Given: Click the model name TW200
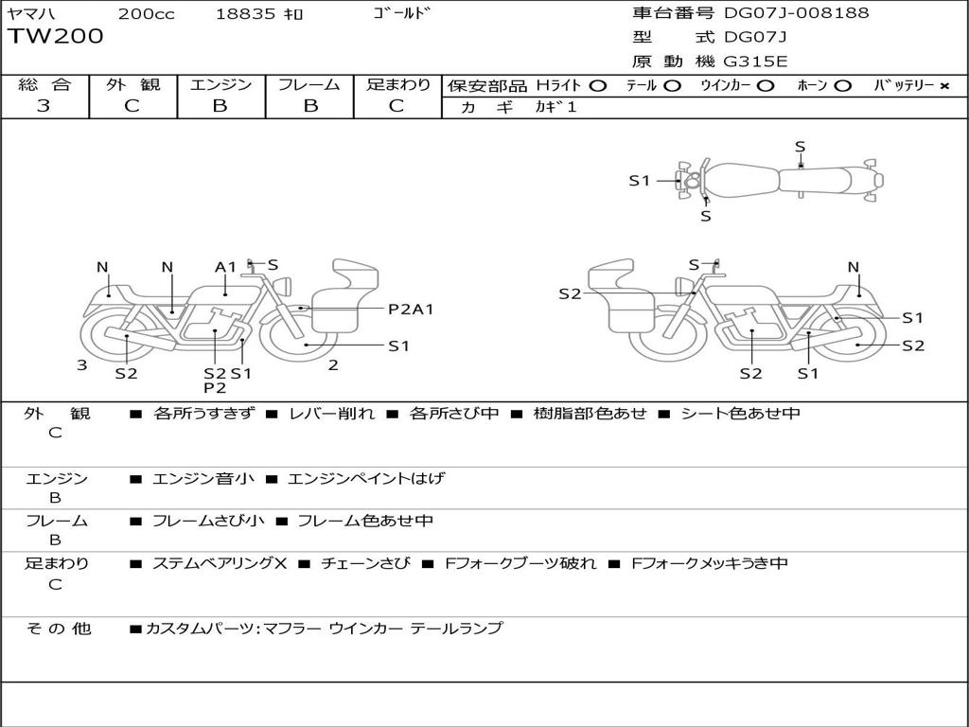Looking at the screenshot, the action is (56, 37).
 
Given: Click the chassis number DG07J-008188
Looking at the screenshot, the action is (796, 13).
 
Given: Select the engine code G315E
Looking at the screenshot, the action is (755, 62).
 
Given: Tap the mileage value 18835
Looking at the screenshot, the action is (245, 14).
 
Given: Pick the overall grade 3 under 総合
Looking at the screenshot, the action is (44, 105).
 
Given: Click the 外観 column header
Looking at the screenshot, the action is (132, 84).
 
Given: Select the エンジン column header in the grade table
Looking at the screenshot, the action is (220, 84).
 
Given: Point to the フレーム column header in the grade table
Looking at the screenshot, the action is (308, 84).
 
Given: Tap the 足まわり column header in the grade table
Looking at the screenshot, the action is (397, 84).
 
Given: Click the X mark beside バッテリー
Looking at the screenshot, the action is (943, 85).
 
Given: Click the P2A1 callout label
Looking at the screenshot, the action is (411, 309).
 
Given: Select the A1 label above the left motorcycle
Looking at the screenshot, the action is (225, 267).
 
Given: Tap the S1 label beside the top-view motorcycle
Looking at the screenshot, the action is (640, 180).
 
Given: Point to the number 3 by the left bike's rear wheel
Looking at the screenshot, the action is (82, 364).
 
